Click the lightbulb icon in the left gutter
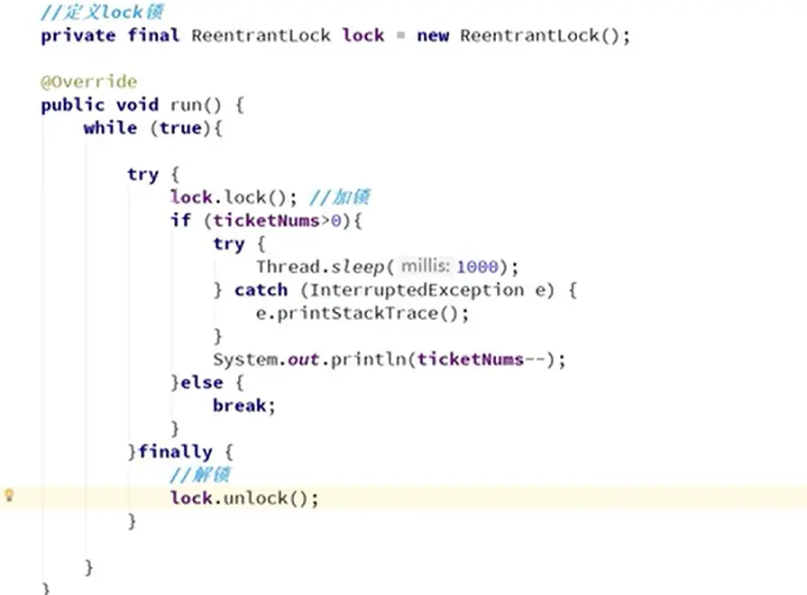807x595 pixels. tap(10, 495)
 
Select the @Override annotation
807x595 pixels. tap(88, 82)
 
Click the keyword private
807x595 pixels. tap(78, 36)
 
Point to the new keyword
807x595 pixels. tap(433, 36)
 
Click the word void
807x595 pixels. tap(137, 105)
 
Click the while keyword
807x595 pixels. tap(110, 128)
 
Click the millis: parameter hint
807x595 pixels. tap(426, 267)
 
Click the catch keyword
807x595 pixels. tap(261, 290)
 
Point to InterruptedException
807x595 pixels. tap(426, 290)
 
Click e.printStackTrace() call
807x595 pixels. tap(362, 313)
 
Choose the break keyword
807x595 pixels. tap(242, 406)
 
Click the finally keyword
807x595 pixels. tap(175, 452)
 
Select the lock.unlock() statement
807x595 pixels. tap(244, 498)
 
